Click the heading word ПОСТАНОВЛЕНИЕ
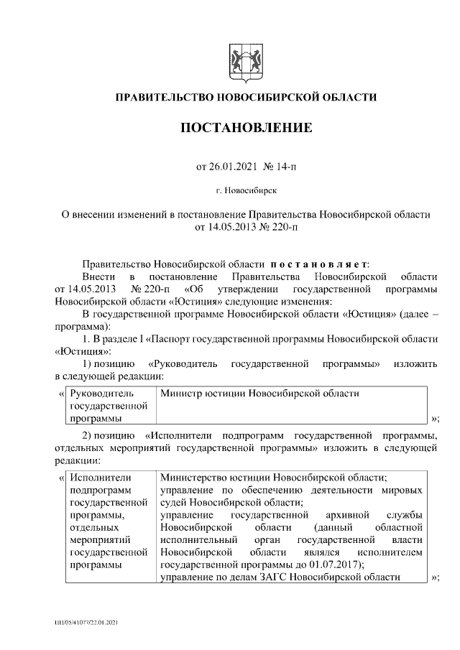[x=246, y=129]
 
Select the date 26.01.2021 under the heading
[x=234, y=167]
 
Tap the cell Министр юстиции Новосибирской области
[x=259, y=394]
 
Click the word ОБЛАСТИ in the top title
[x=349, y=97]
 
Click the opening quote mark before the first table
[x=60, y=394]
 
